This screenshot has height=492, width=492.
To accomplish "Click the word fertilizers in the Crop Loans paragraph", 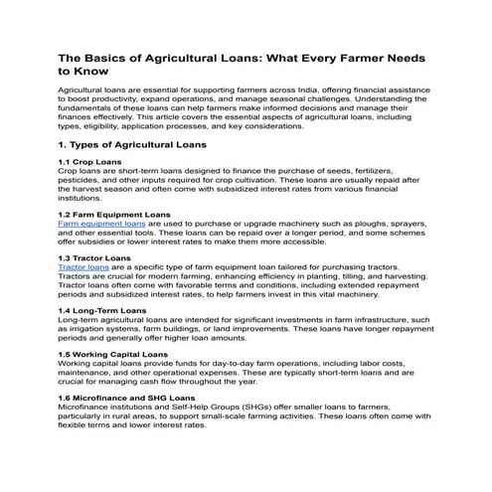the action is (x=394, y=172).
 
